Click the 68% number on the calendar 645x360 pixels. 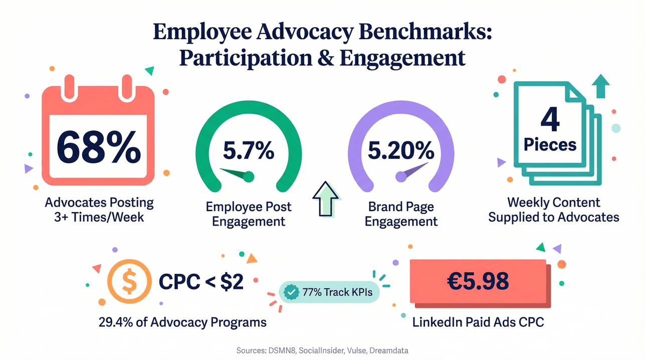(x=98, y=146)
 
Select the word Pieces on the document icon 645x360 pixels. (x=550, y=145)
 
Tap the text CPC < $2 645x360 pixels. (x=201, y=283)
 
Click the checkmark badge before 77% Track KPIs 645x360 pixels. (x=291, y=292)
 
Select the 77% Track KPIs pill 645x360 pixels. (x=330, y=292)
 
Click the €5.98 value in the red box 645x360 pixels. (x=477, y=282)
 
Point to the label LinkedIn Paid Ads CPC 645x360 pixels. (x=478, y=322)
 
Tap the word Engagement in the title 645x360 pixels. (x=402, y=58)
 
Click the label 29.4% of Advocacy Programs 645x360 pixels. (x=182, y=322)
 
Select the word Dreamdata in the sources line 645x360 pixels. (x=388, y=350)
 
